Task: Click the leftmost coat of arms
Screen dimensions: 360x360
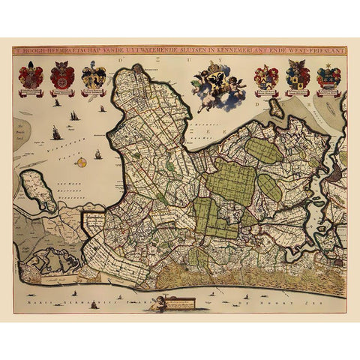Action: pyautogui.click(x=31, y=77)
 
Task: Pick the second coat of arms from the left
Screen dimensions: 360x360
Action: pyautogui.click(x=62, y=77)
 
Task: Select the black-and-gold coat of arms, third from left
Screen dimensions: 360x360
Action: pyautogui.click(x=94, y=77)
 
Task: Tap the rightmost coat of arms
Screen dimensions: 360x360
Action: pyautogui.click(x=328, y=77)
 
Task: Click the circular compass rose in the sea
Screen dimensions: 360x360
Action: pyautogui.click(x=81, y=162)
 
